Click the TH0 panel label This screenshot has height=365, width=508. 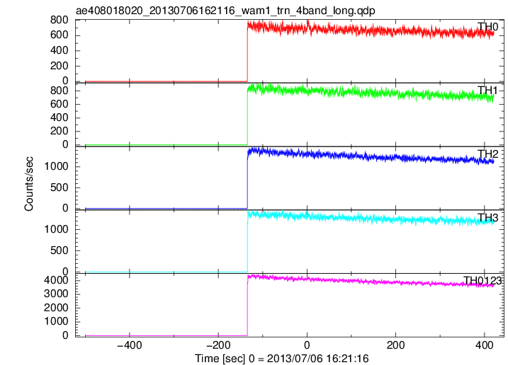[487, 27]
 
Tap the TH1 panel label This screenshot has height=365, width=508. [487, 91]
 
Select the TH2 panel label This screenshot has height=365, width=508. [487, 154]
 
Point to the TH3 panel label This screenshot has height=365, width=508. [487, 218]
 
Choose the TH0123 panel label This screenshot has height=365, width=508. [482, 281]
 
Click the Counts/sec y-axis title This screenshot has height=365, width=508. [29, 184]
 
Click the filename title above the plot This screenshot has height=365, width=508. [225, 11]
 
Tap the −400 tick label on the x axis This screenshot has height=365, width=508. [130, 345]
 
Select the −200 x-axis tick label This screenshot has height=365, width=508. [218, 345]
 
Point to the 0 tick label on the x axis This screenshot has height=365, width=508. [307, 345]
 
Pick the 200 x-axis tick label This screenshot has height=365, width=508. [395, 345]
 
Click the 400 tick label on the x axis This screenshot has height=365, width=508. [485, 345]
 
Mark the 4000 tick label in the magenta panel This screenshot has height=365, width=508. [57, 280]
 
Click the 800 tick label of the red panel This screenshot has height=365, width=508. [60, 20]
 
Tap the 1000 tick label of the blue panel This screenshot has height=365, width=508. [57, 166]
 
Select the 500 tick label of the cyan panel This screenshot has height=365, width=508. [60, 250]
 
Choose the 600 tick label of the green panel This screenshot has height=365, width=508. [60, 104]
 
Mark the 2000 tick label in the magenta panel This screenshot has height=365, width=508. [57, 308]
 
